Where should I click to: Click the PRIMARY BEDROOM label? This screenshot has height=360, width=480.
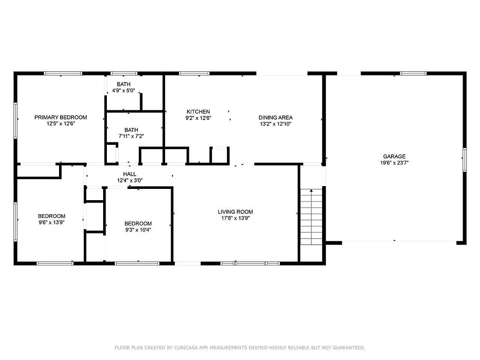60,117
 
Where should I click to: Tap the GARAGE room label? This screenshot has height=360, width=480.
394,157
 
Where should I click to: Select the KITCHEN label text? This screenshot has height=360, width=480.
198,112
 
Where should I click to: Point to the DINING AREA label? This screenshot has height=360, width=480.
276,118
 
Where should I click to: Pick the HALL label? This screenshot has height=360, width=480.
130,174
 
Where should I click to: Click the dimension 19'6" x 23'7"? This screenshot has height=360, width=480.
394,163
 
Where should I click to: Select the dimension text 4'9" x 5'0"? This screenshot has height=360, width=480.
124,91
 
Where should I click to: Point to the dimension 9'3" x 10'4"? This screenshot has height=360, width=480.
138,230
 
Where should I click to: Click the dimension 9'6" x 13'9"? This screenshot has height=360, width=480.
52,223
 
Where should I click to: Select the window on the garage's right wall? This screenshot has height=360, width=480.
465,159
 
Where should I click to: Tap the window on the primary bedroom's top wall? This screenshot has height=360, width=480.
63,73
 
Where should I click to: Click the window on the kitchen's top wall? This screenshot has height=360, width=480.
194,73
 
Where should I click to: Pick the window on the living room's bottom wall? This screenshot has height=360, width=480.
250,263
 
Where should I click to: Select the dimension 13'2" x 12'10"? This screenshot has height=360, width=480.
276,124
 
